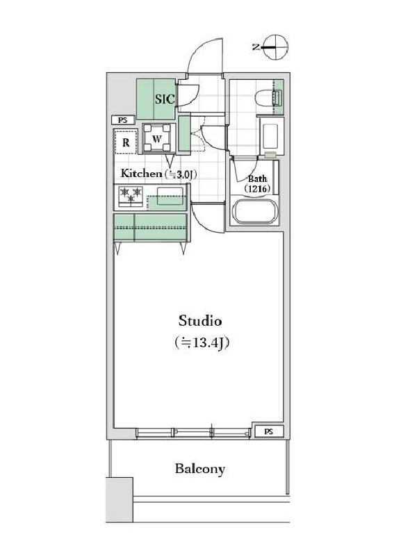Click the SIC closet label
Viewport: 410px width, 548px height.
coord(165,99)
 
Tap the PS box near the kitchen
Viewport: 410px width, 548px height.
coord(123,120)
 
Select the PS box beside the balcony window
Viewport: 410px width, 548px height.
coord(268,431)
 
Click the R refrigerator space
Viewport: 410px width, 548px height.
coord(126,142)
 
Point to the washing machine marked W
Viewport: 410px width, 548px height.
coord(157,138)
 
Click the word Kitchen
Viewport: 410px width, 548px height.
coord(139,173)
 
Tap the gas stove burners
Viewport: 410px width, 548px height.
coord(131,197)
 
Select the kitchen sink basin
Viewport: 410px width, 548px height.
coord(170,196)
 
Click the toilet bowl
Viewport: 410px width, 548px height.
coord(268,97)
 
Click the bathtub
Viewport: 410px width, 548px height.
coord(255,210)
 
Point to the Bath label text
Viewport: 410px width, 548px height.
coord(258,179)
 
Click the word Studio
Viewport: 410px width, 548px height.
coord(200,320)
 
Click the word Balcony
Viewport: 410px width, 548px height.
coord(200,468)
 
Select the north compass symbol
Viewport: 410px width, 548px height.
coord(276,47)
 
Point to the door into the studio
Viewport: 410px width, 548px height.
coord(207,217)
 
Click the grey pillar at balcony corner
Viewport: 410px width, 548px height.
coord(120,500)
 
